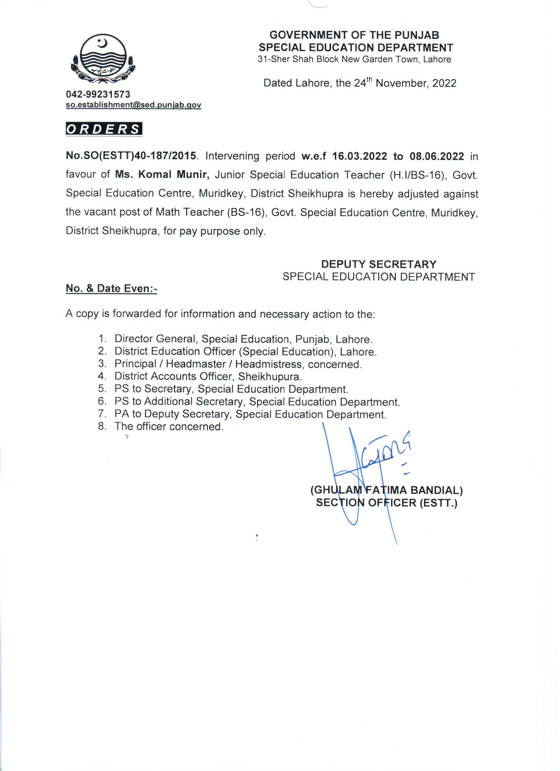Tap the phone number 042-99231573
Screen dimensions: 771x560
98,94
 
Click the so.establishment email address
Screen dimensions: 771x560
133,105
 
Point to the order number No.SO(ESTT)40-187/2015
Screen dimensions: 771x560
131,157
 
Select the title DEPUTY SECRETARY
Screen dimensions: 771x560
379,264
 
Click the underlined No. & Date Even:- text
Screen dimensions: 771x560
111,288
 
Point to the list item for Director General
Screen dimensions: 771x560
243,339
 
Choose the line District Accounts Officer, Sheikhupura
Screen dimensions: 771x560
208,376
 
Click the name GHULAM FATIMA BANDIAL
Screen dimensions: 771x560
386,490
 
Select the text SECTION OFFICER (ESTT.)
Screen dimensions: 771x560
387,503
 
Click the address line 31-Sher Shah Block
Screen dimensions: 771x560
354,60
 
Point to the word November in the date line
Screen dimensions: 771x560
401,83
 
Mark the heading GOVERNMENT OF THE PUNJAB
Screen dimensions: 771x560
354,35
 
